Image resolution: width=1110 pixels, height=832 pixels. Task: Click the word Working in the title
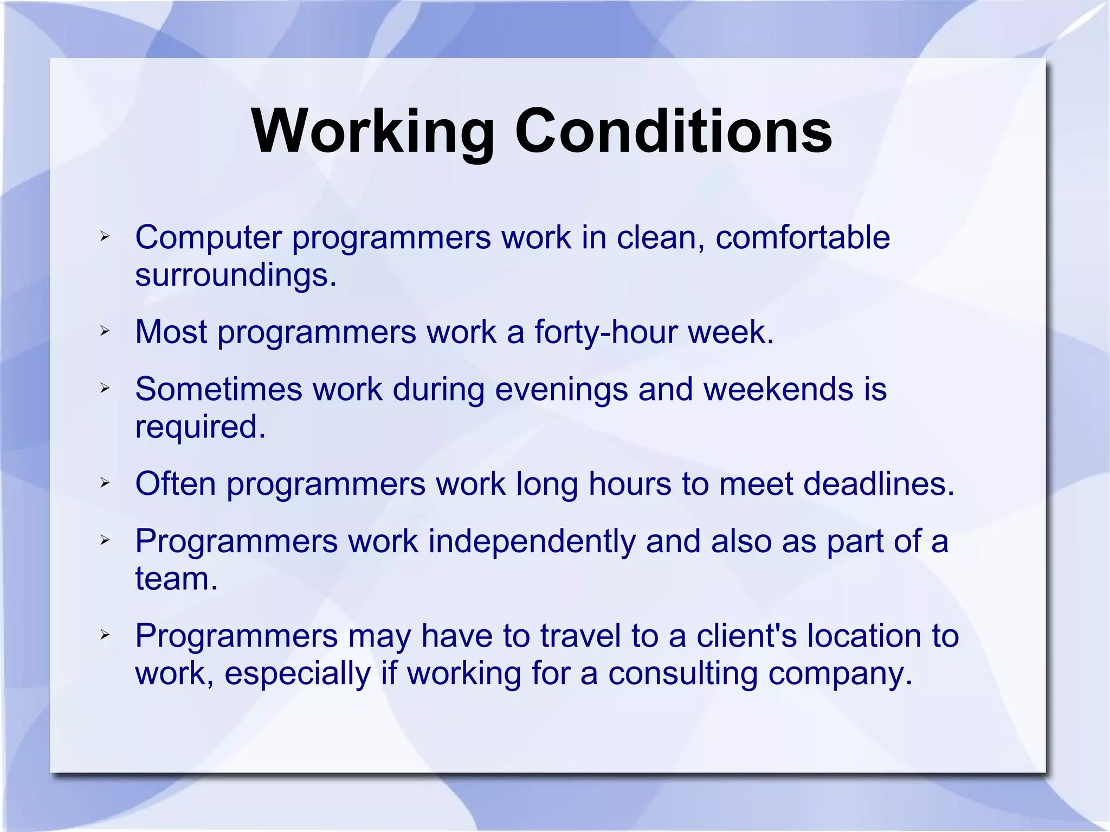click(373, 132)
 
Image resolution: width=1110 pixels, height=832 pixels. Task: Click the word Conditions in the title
click(673, 132)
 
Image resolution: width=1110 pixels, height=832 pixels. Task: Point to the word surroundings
click(236, 275)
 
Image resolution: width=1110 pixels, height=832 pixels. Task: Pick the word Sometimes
click(218, 389)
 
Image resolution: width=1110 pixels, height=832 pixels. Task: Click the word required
click(200, 427)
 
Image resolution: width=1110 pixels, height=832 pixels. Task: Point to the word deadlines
click(878, 483)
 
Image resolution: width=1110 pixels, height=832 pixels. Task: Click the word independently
click(532, 541)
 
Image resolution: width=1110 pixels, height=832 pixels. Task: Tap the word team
click(176, 579)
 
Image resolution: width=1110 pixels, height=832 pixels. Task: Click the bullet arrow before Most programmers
click(105, 331)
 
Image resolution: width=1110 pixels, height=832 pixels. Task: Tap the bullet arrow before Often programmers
click(105, 482)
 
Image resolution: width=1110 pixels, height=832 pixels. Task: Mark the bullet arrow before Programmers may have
click(105, 634)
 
